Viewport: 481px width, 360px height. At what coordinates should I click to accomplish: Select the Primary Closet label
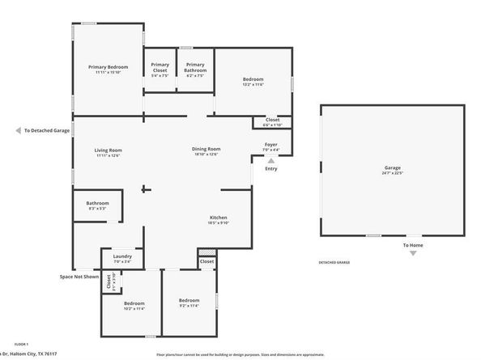[160, 67]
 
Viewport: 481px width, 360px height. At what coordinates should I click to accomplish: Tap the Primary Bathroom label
[194, 67]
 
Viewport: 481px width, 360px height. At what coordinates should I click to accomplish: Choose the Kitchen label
[219, 218]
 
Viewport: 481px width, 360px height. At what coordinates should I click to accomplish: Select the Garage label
[392, 168]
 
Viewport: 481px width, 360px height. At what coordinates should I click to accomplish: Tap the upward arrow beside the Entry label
[270, 161]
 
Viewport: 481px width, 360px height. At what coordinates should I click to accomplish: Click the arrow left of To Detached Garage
[18, 129]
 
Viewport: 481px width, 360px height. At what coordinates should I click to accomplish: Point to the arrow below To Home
[413, 253]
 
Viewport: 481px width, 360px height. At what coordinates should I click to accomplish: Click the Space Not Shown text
[79, 276]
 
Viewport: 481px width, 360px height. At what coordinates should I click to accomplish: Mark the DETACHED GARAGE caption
[335, 263]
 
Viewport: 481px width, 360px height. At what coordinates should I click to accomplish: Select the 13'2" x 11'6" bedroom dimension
[253, 84]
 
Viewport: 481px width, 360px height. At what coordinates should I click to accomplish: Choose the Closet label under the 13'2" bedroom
[272, 120]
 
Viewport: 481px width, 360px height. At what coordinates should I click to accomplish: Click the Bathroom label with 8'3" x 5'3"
[97, 202]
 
